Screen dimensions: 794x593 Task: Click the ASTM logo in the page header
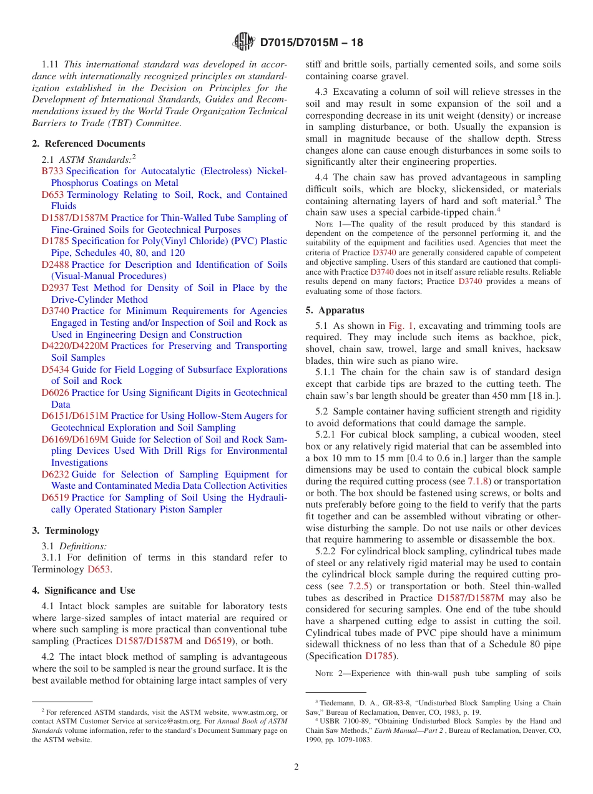point(243,42)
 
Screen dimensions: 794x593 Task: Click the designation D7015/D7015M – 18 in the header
point(311,42)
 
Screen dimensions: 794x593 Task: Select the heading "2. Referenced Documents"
point(88,143)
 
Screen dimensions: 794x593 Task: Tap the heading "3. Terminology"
point(66,531)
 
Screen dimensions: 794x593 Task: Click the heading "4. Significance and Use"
point(84,591)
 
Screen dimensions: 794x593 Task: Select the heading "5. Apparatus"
point(335,310)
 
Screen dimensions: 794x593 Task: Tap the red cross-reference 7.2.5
point(360,587)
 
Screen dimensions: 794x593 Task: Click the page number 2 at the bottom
point(296,767)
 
